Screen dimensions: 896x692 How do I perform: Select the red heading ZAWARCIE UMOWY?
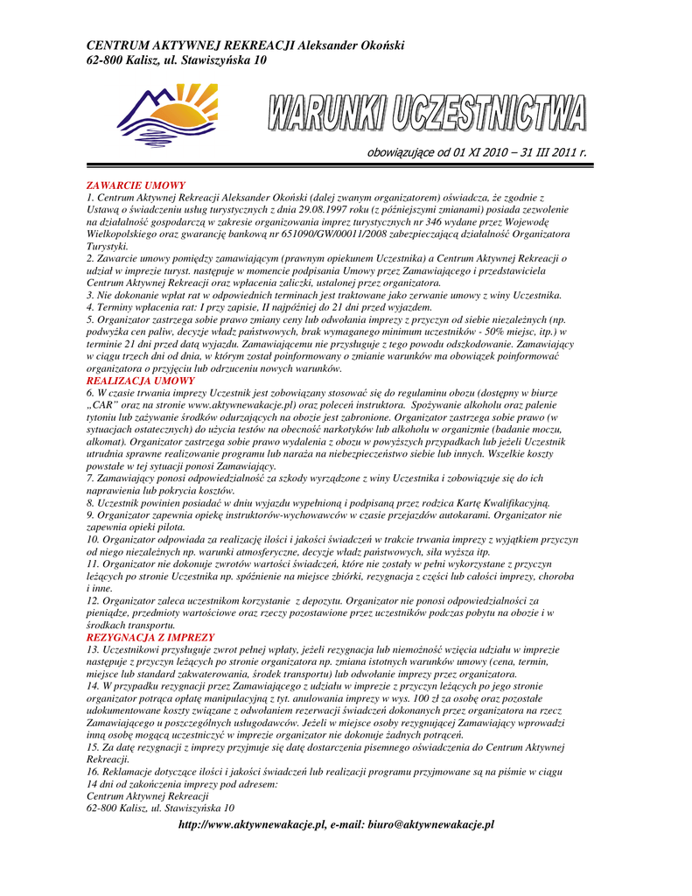click(136, 185)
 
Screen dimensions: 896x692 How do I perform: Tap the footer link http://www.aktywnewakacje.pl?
click(252, 825)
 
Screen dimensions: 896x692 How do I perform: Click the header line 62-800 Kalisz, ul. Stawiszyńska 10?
click(176, 60)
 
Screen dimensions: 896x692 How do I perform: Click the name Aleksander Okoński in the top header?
click(352, 45)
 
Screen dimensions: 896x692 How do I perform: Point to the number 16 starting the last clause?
click(93, 772)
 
